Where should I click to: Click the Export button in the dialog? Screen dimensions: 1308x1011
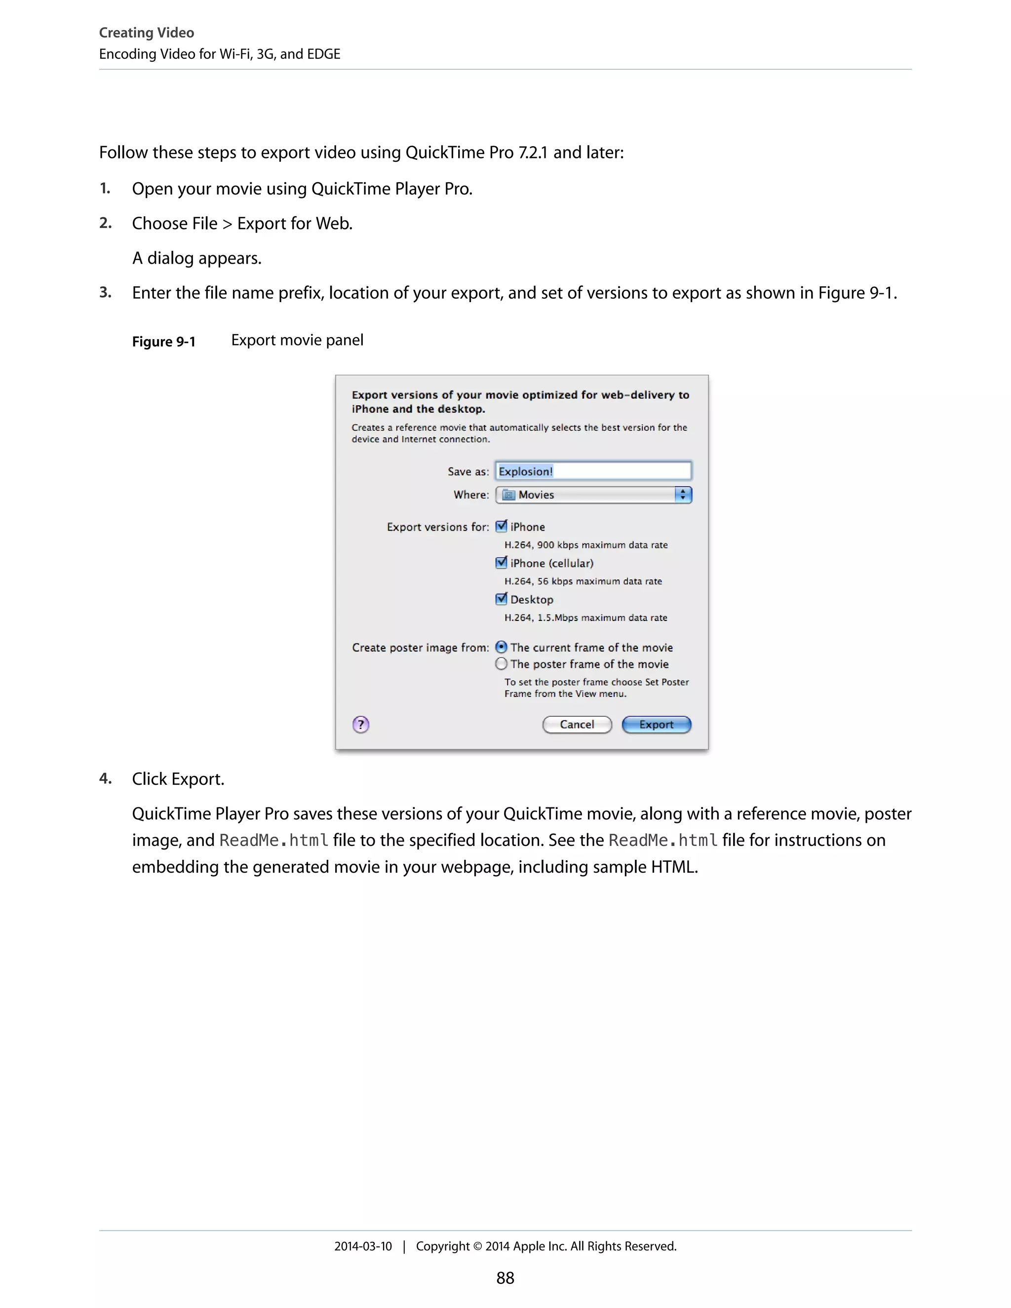(656, 725)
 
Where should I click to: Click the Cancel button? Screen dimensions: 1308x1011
(577, 725)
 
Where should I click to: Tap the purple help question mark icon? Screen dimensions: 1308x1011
(360, 725)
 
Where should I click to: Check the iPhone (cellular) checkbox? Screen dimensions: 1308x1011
(502, 563)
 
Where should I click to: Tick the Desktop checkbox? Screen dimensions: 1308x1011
(502, 599)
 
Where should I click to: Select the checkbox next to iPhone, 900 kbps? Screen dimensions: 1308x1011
(502, 527)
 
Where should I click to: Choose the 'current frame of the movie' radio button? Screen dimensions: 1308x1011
(502, 648)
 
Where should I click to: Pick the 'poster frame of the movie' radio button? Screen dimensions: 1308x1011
(502, 663)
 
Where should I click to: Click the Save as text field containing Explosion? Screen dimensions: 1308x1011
(593, 471)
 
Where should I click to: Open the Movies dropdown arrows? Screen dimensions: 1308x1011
(682, 495)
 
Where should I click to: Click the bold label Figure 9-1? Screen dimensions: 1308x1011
(163, 342)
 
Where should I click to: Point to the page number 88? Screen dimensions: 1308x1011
(505, 1278)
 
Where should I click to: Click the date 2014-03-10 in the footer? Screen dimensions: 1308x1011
(363, 1246)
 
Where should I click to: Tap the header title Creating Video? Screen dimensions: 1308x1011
(146, 33)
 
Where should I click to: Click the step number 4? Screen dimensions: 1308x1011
(106, 778)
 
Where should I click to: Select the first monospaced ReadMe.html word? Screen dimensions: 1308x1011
(273, 840)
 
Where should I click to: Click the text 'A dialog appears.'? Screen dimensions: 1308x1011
(196, 258)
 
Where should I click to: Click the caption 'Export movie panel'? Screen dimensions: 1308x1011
(297, 340)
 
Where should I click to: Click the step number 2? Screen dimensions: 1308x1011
(106, 224)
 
